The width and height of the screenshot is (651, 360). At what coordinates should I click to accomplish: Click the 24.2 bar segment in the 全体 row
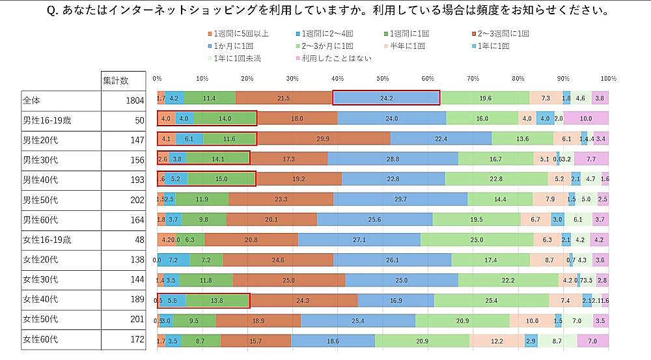click(387, 98)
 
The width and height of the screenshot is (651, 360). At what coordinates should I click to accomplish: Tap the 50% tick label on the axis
click(383, 78)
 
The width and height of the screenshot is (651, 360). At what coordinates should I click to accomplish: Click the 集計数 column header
click(116, 80)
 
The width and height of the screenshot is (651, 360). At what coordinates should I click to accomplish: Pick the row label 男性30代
click(40, 159)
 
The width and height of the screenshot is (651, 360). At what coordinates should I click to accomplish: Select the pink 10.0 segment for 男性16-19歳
click(586, 118)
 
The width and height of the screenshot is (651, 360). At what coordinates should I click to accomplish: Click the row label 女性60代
click(40, 339)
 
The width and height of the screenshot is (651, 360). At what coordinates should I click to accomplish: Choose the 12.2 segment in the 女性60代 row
click(497, 340)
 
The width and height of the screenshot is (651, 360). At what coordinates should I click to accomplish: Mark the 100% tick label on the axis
click(609, 78)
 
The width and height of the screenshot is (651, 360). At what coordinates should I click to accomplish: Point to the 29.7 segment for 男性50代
click(400, 199)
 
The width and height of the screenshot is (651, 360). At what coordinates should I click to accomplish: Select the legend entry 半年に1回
click(408, 46)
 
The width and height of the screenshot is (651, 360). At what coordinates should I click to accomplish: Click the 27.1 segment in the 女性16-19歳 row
click(359, 239)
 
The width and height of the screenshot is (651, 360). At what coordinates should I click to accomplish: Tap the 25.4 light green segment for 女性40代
click(491, 300)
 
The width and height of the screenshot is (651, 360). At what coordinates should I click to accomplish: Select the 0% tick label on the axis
click(157, 78)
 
